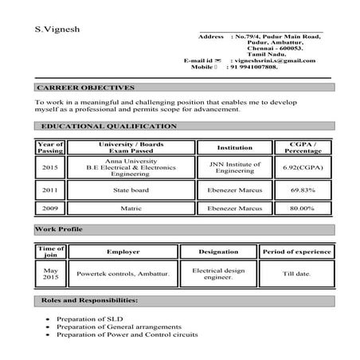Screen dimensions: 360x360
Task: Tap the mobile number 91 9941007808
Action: [x=254, y=68]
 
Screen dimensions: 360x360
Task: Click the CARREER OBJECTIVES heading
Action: [x=86, y=88]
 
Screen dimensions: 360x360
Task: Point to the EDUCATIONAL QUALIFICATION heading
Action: [x=109, y=127]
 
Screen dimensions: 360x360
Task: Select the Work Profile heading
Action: [x=59, y=229]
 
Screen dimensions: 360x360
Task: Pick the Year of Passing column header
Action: [x=49, y=147]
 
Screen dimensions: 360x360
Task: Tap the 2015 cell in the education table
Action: [x=49, y=168]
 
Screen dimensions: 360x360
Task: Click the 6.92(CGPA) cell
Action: [x=303, y=168]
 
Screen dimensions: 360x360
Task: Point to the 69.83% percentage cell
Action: [x=303, y=190]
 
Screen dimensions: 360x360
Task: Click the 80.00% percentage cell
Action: [x=303, y=208]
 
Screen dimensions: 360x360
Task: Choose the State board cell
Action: [x=130, y=190]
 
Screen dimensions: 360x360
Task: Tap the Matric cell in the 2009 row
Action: [x=130, y=208]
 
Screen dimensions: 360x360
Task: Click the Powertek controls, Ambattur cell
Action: [x=123, y=273]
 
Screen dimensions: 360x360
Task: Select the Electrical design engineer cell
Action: [x=218, y=273]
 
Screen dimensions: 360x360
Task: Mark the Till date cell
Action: [x=297, y=273]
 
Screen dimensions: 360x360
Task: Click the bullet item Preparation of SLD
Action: [x=89, y=319]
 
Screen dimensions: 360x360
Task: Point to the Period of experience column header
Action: [x=297, y=251]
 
